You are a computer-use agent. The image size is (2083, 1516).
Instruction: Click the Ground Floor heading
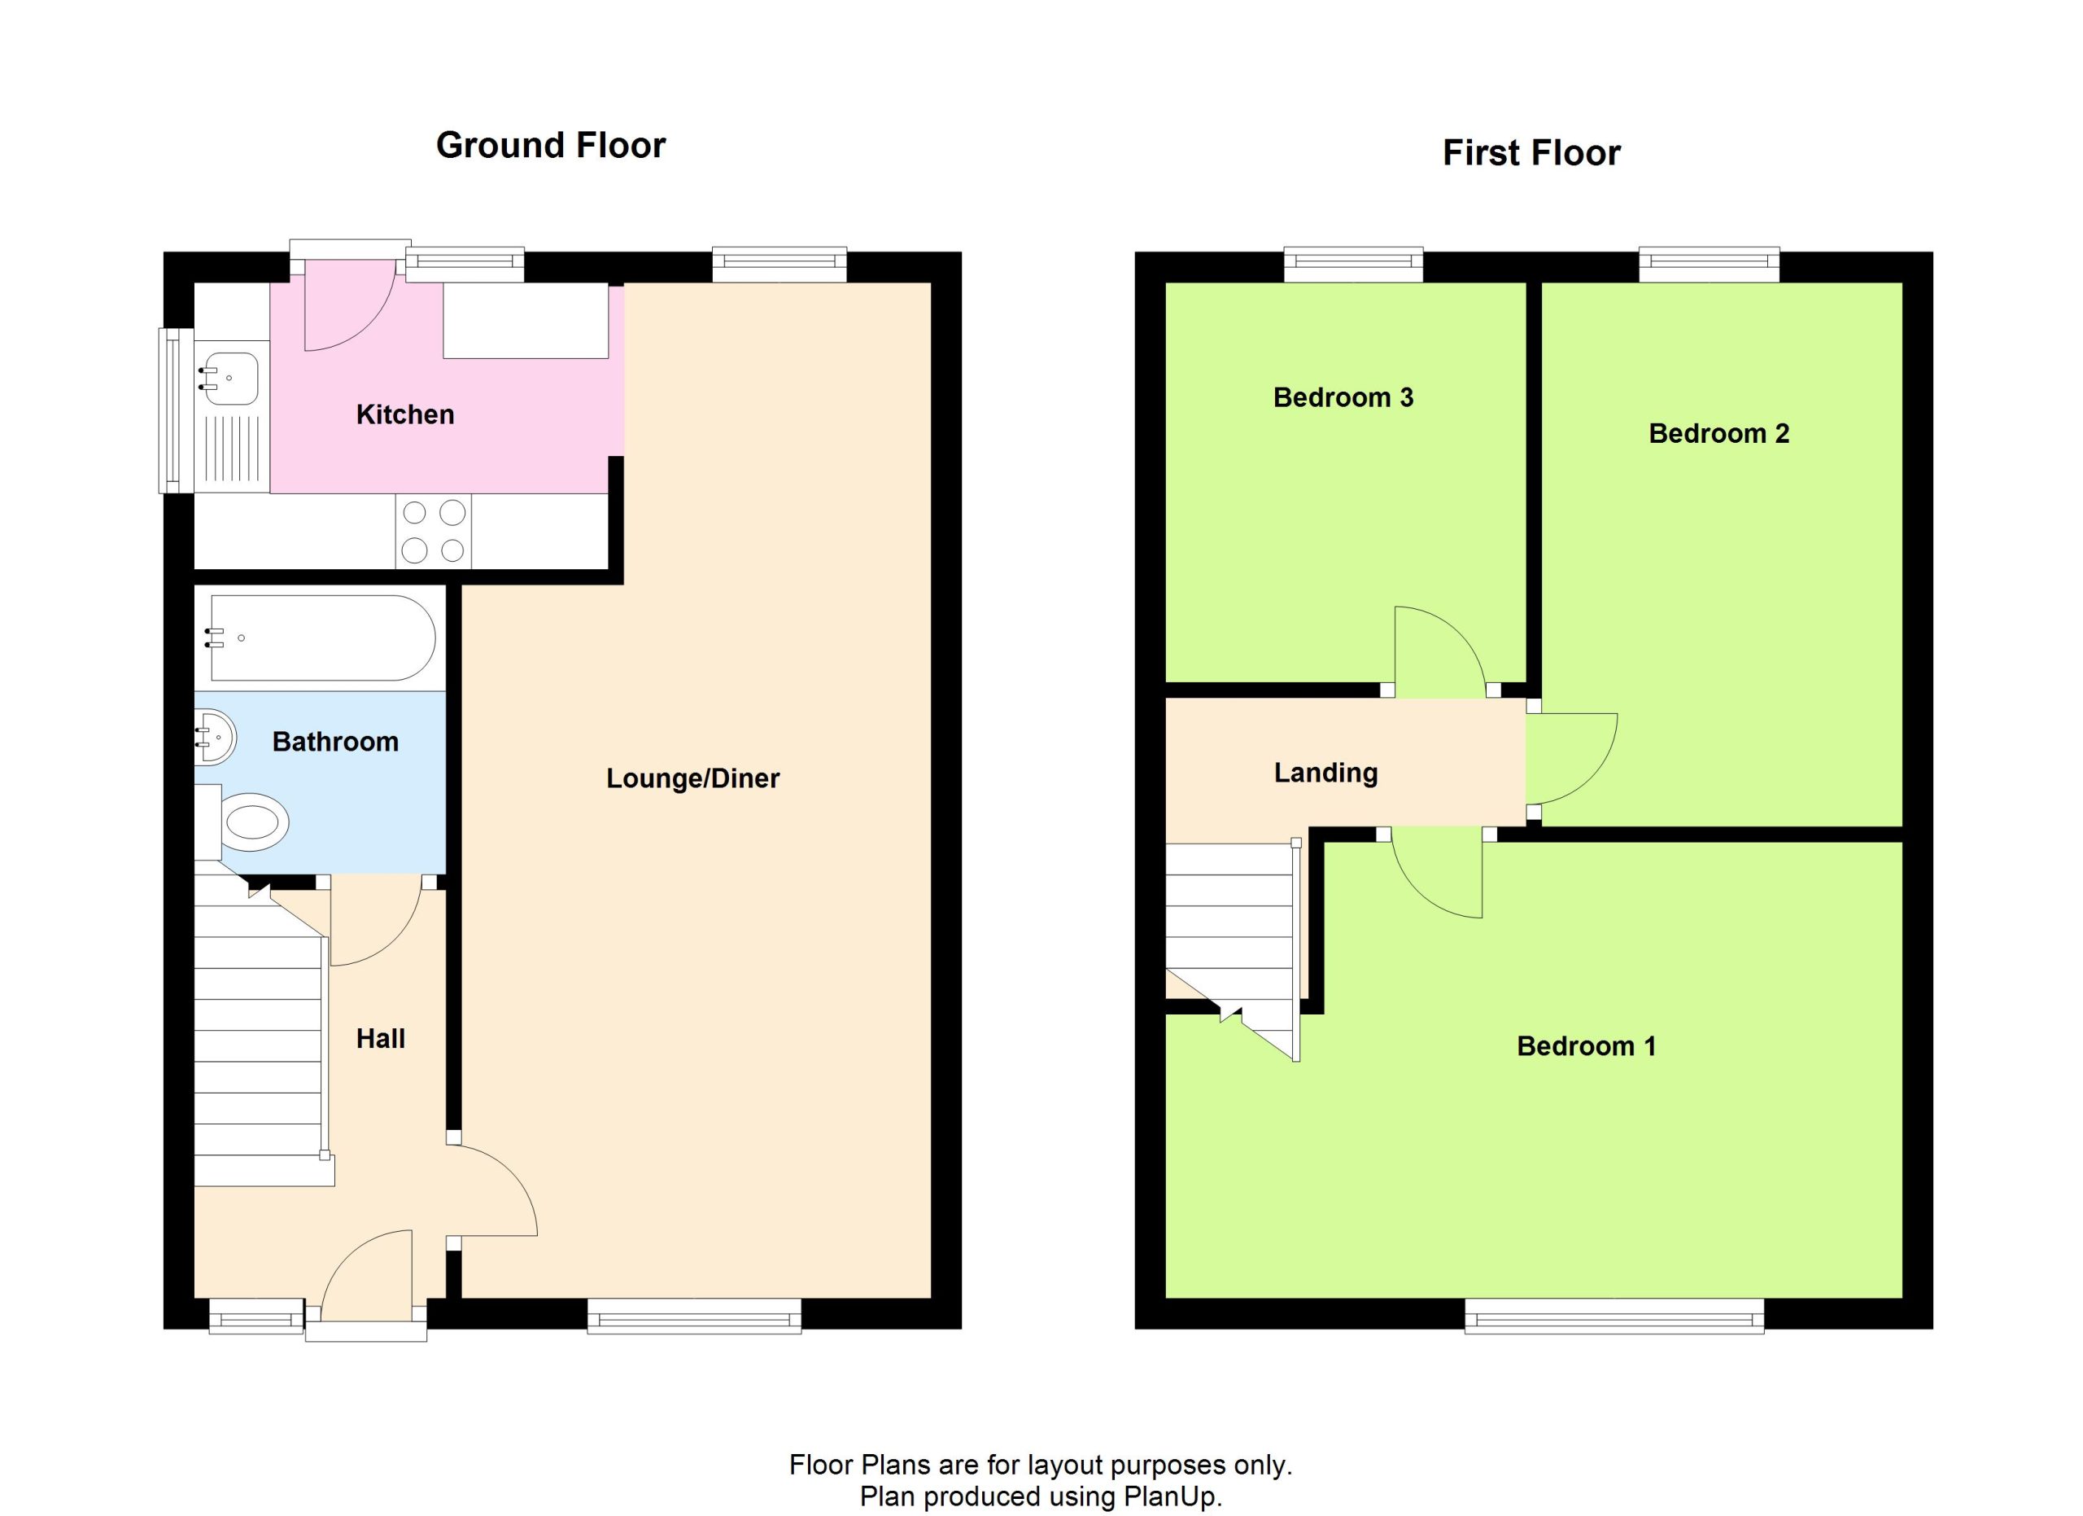pos(550,145)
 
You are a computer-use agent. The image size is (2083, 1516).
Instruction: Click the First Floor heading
pos(1531,152)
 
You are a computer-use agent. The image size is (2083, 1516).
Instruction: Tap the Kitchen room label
pos(405,414)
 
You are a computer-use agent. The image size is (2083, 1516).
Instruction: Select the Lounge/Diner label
pos(692,778)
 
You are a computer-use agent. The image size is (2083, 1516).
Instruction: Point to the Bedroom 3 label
pos(1343,397)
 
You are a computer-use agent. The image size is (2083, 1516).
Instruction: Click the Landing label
pos(1325,773)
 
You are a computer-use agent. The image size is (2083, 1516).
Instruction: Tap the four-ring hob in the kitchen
pos(434,531)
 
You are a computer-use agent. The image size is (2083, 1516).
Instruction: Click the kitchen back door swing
pos(350,305)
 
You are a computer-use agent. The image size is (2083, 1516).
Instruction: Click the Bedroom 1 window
pos(1614,1316)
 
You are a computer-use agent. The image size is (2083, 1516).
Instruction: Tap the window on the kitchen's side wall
pos(177,410)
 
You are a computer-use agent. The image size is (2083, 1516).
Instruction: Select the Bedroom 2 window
pos(1710,265)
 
